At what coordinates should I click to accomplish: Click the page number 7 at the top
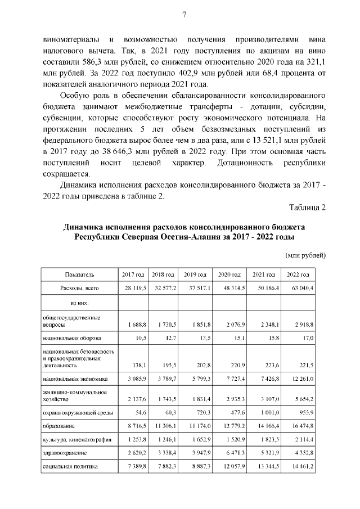[184, 15]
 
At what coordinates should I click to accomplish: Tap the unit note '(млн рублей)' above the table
[306, 255]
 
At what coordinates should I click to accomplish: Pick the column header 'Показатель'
[80, 274]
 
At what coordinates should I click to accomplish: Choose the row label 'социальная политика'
[70, 466]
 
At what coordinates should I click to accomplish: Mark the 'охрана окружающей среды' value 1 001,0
[266, 412]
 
